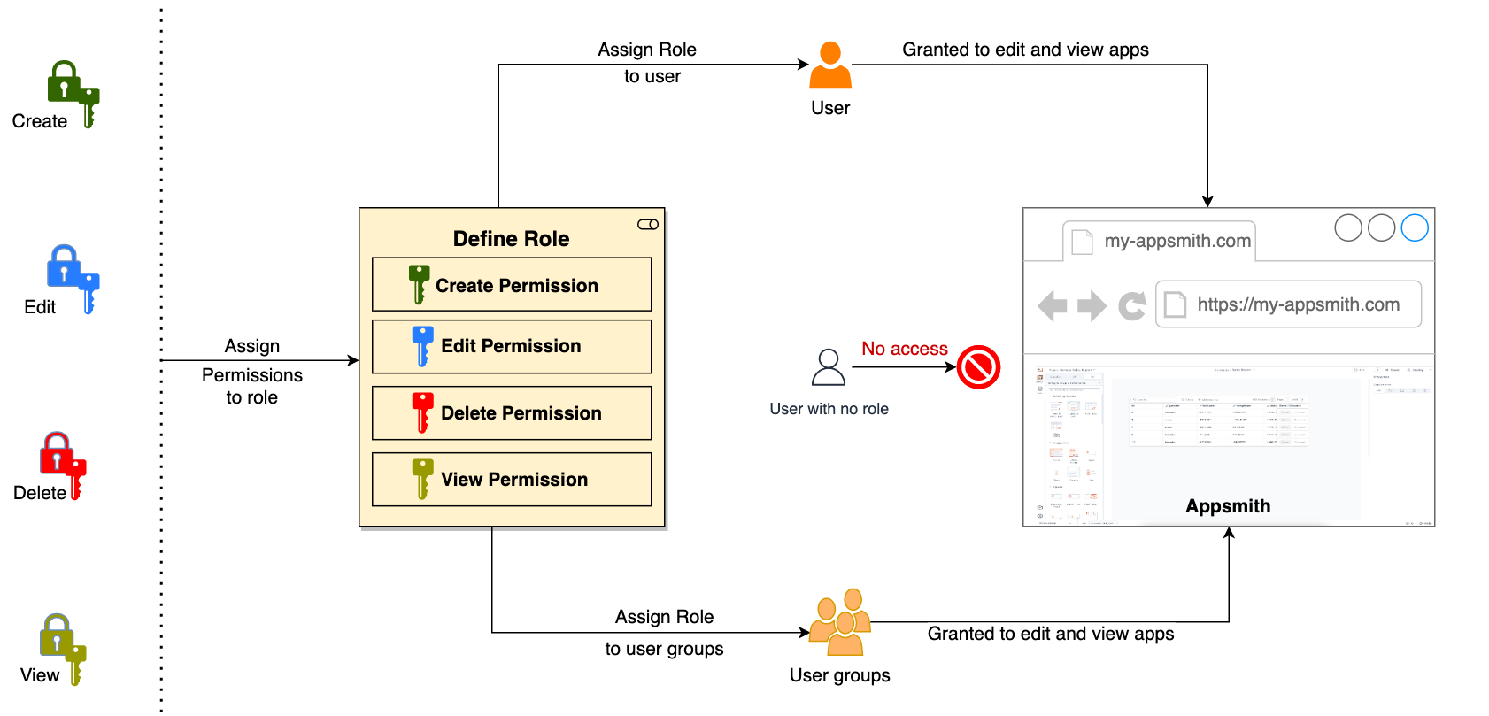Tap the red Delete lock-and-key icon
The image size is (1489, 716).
[63, 464]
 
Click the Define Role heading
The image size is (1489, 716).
[511, 239]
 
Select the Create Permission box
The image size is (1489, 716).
[512, 285]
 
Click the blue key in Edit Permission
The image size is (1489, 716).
[422, 345]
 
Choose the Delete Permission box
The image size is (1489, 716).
[512, 413]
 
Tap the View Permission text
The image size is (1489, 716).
[514, 480]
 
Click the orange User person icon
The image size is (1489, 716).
[830, 65]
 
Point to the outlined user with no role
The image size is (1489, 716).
[829, 367]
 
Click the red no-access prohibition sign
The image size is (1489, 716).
[978, 367]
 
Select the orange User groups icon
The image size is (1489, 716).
[840, 622]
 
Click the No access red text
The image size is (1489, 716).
[904, 349]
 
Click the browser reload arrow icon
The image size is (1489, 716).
[1131, 306]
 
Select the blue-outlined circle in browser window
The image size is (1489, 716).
[1415, 227]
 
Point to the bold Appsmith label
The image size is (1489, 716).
[1228, 506]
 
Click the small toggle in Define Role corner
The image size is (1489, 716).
[648, 225]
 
